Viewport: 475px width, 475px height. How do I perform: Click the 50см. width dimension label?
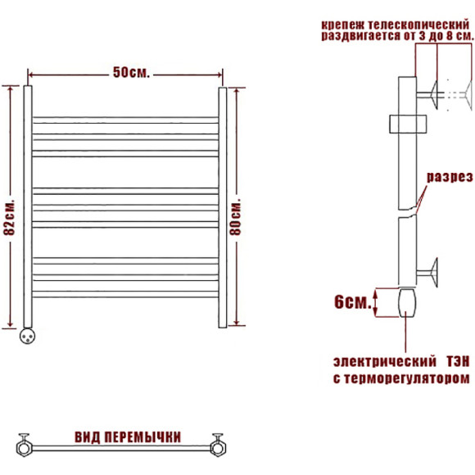coord(132,73)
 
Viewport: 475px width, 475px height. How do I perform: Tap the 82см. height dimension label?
coord(9,217)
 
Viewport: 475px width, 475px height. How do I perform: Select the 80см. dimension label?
coord(235,217)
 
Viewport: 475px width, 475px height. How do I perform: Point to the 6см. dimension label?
coord(353,302)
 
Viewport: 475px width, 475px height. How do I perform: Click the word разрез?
coord(450,177)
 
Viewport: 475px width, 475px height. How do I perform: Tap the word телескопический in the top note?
coord(418,25)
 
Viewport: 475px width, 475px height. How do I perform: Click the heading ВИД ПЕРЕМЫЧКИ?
coord(128,437)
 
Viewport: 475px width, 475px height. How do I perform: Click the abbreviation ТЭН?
coord(458,362)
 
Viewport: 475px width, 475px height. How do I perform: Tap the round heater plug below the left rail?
coord(27,337)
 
